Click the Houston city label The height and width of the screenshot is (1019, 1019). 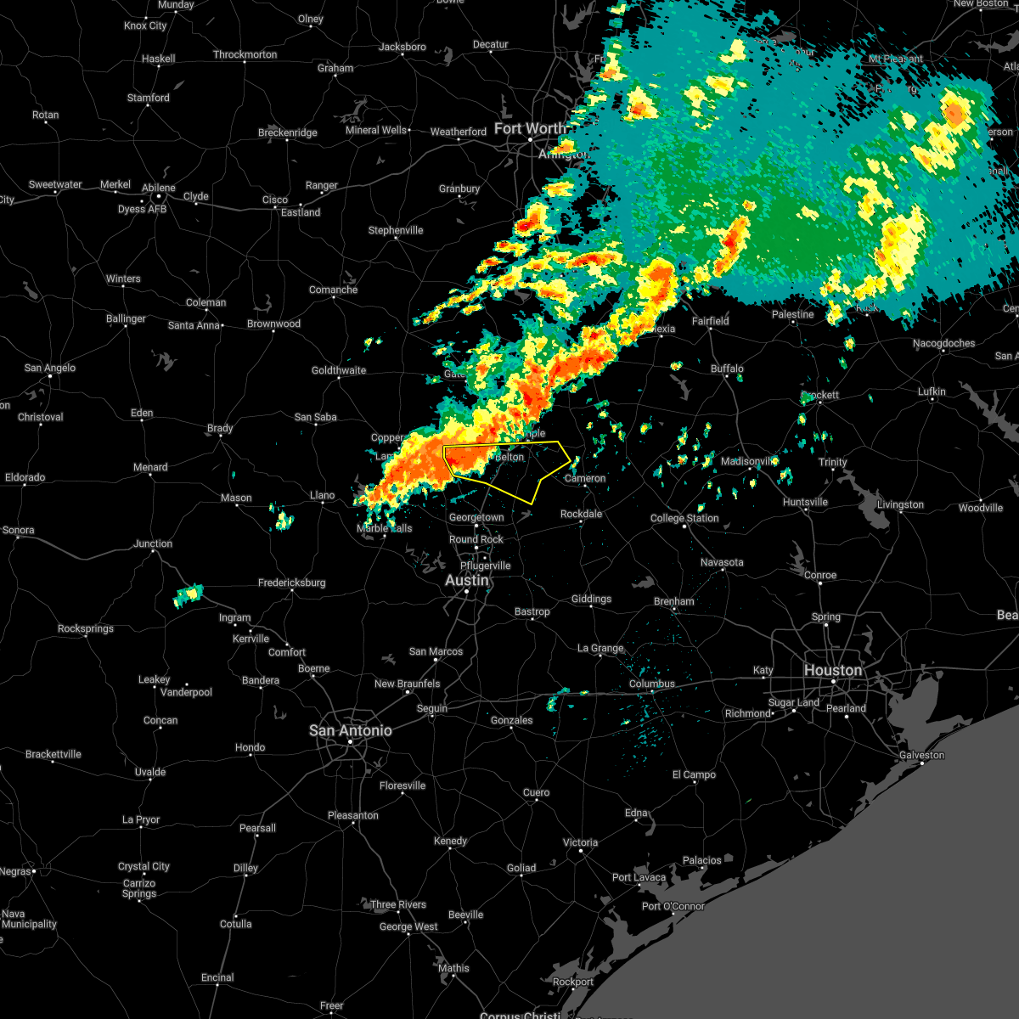[833, 670]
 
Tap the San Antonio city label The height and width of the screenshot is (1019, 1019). [350, 730]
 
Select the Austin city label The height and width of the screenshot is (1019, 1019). [467, 580]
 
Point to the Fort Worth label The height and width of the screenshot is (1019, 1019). [530, 128]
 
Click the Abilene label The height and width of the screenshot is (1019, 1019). [159, 188]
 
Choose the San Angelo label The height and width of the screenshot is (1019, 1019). [49, 368]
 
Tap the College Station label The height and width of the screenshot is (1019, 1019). [684, 518]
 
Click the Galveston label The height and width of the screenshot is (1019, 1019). [921, 755]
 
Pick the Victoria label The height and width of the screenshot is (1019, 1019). [580, 842]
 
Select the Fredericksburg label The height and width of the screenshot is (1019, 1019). [291, 583]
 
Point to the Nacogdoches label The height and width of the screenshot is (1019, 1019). [944, 343]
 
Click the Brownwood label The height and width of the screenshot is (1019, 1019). [273, 324]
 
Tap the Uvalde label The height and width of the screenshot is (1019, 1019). [150, 772]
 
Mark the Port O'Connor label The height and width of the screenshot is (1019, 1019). [673, 906]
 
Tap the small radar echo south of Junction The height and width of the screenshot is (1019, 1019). [189, 595]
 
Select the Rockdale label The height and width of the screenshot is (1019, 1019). [581, 514]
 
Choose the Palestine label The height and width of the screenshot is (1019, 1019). [792, 314]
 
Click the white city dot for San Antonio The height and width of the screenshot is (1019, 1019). [350, 742]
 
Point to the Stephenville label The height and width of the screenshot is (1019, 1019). [395, 230]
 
